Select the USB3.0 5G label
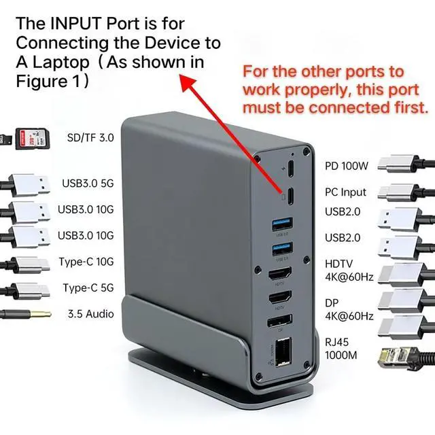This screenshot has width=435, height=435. coord(88,183)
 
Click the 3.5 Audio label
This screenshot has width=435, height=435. coord(90,314)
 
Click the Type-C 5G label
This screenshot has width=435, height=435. coord(88,288)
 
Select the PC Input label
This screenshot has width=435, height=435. coord(345,192)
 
